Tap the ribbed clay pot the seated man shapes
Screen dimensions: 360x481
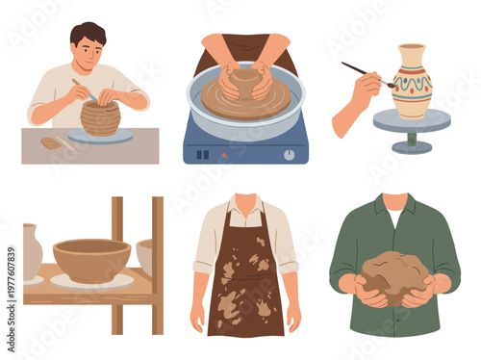(100, 117)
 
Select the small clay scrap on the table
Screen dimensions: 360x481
(50, 143)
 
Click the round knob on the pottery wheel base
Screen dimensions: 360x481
(289, 154)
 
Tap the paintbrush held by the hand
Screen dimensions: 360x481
(366, 73)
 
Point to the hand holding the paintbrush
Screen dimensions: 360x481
(358, 101)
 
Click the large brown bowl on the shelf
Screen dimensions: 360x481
(91, 258)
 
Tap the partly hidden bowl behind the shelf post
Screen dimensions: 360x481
(144, 255)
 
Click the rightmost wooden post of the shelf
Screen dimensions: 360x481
(157, 265)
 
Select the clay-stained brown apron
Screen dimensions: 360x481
(245, 279)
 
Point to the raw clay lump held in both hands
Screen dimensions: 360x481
(394, 274)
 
